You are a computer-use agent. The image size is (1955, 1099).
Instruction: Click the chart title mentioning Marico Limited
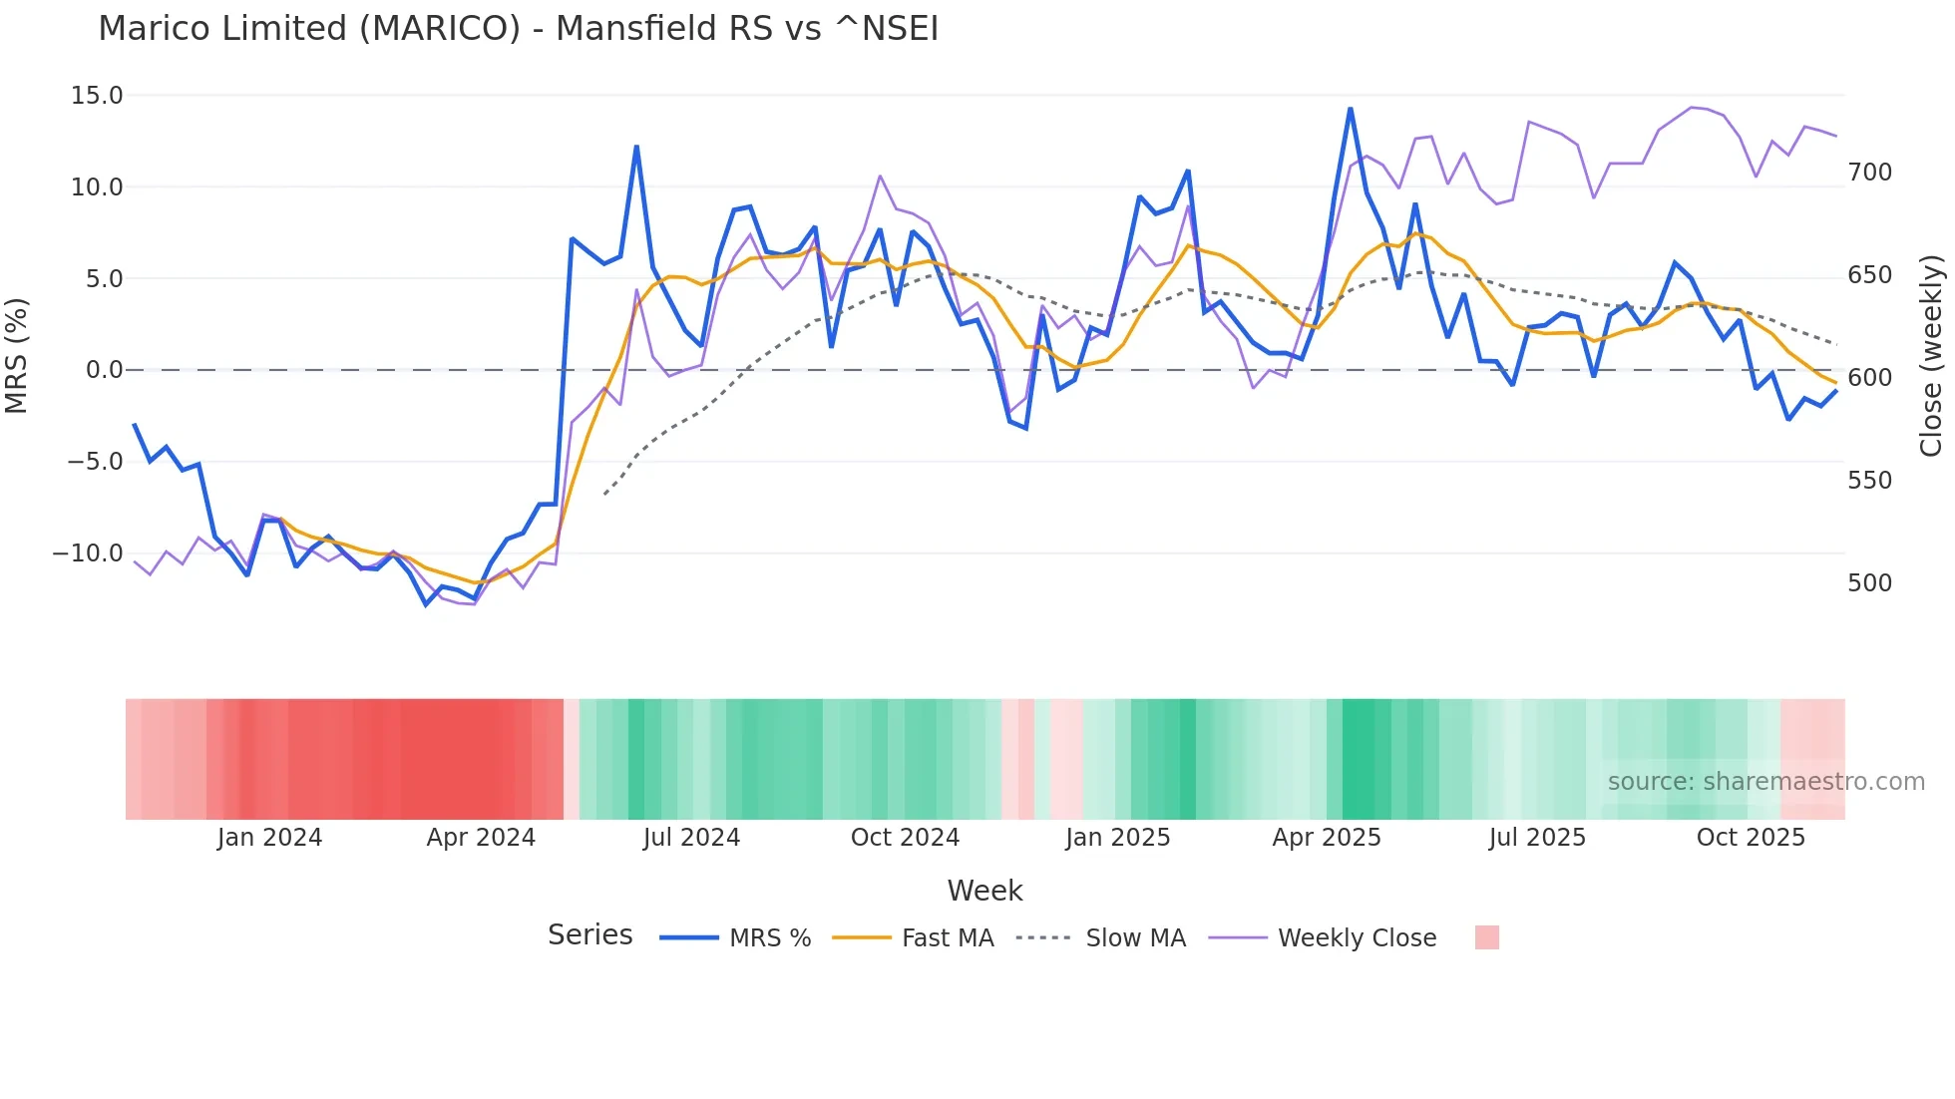click(x=518, y=28)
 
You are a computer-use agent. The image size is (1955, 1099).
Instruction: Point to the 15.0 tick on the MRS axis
click(x=97, y=96)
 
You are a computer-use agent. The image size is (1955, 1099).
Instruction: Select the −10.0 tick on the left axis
click(x=88, y=552)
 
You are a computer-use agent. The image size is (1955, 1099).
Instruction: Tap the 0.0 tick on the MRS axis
click(x=104, y=370)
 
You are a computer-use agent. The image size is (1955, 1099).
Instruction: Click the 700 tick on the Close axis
click(x=1869, y=173)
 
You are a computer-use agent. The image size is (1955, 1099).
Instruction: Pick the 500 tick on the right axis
click(x=1869, y=582)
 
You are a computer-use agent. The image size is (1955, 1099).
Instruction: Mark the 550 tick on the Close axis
click(x=1869, y=480)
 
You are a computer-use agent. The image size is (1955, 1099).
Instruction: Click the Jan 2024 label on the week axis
click(x=269, y=837)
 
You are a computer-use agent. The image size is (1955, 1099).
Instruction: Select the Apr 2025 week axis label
click(x=1326, y=837)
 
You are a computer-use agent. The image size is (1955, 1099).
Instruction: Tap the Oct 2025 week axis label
click(x=1751, y=837)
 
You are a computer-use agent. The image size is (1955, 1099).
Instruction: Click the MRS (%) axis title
click(x=17, y=355)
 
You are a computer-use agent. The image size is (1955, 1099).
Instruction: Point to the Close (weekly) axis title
click(x=1931, y=355)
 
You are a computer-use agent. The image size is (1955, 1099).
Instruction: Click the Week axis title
click(x=984, y=890)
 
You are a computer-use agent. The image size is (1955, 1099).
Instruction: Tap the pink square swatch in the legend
click(x=1486, y=937)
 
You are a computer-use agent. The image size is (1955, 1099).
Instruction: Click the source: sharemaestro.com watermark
click(x=1765, y=781)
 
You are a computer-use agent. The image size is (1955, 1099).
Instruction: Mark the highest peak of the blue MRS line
click(x=1351, y=109)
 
